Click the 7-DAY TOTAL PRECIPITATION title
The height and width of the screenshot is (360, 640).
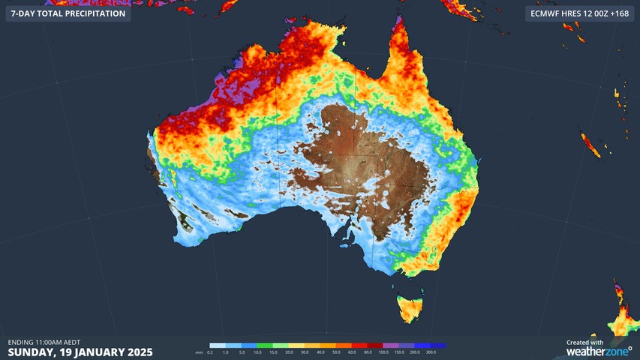pos(68,13)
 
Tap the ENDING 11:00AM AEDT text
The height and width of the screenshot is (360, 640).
pos(44,342)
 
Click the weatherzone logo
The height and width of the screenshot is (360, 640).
pos(599,351)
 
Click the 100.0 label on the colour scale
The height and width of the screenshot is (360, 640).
pos(383,352)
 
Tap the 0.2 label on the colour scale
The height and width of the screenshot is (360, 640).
pos(210,352)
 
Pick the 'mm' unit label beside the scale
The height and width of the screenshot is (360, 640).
pos(199,352)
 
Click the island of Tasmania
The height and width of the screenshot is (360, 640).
pos(412,308)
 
